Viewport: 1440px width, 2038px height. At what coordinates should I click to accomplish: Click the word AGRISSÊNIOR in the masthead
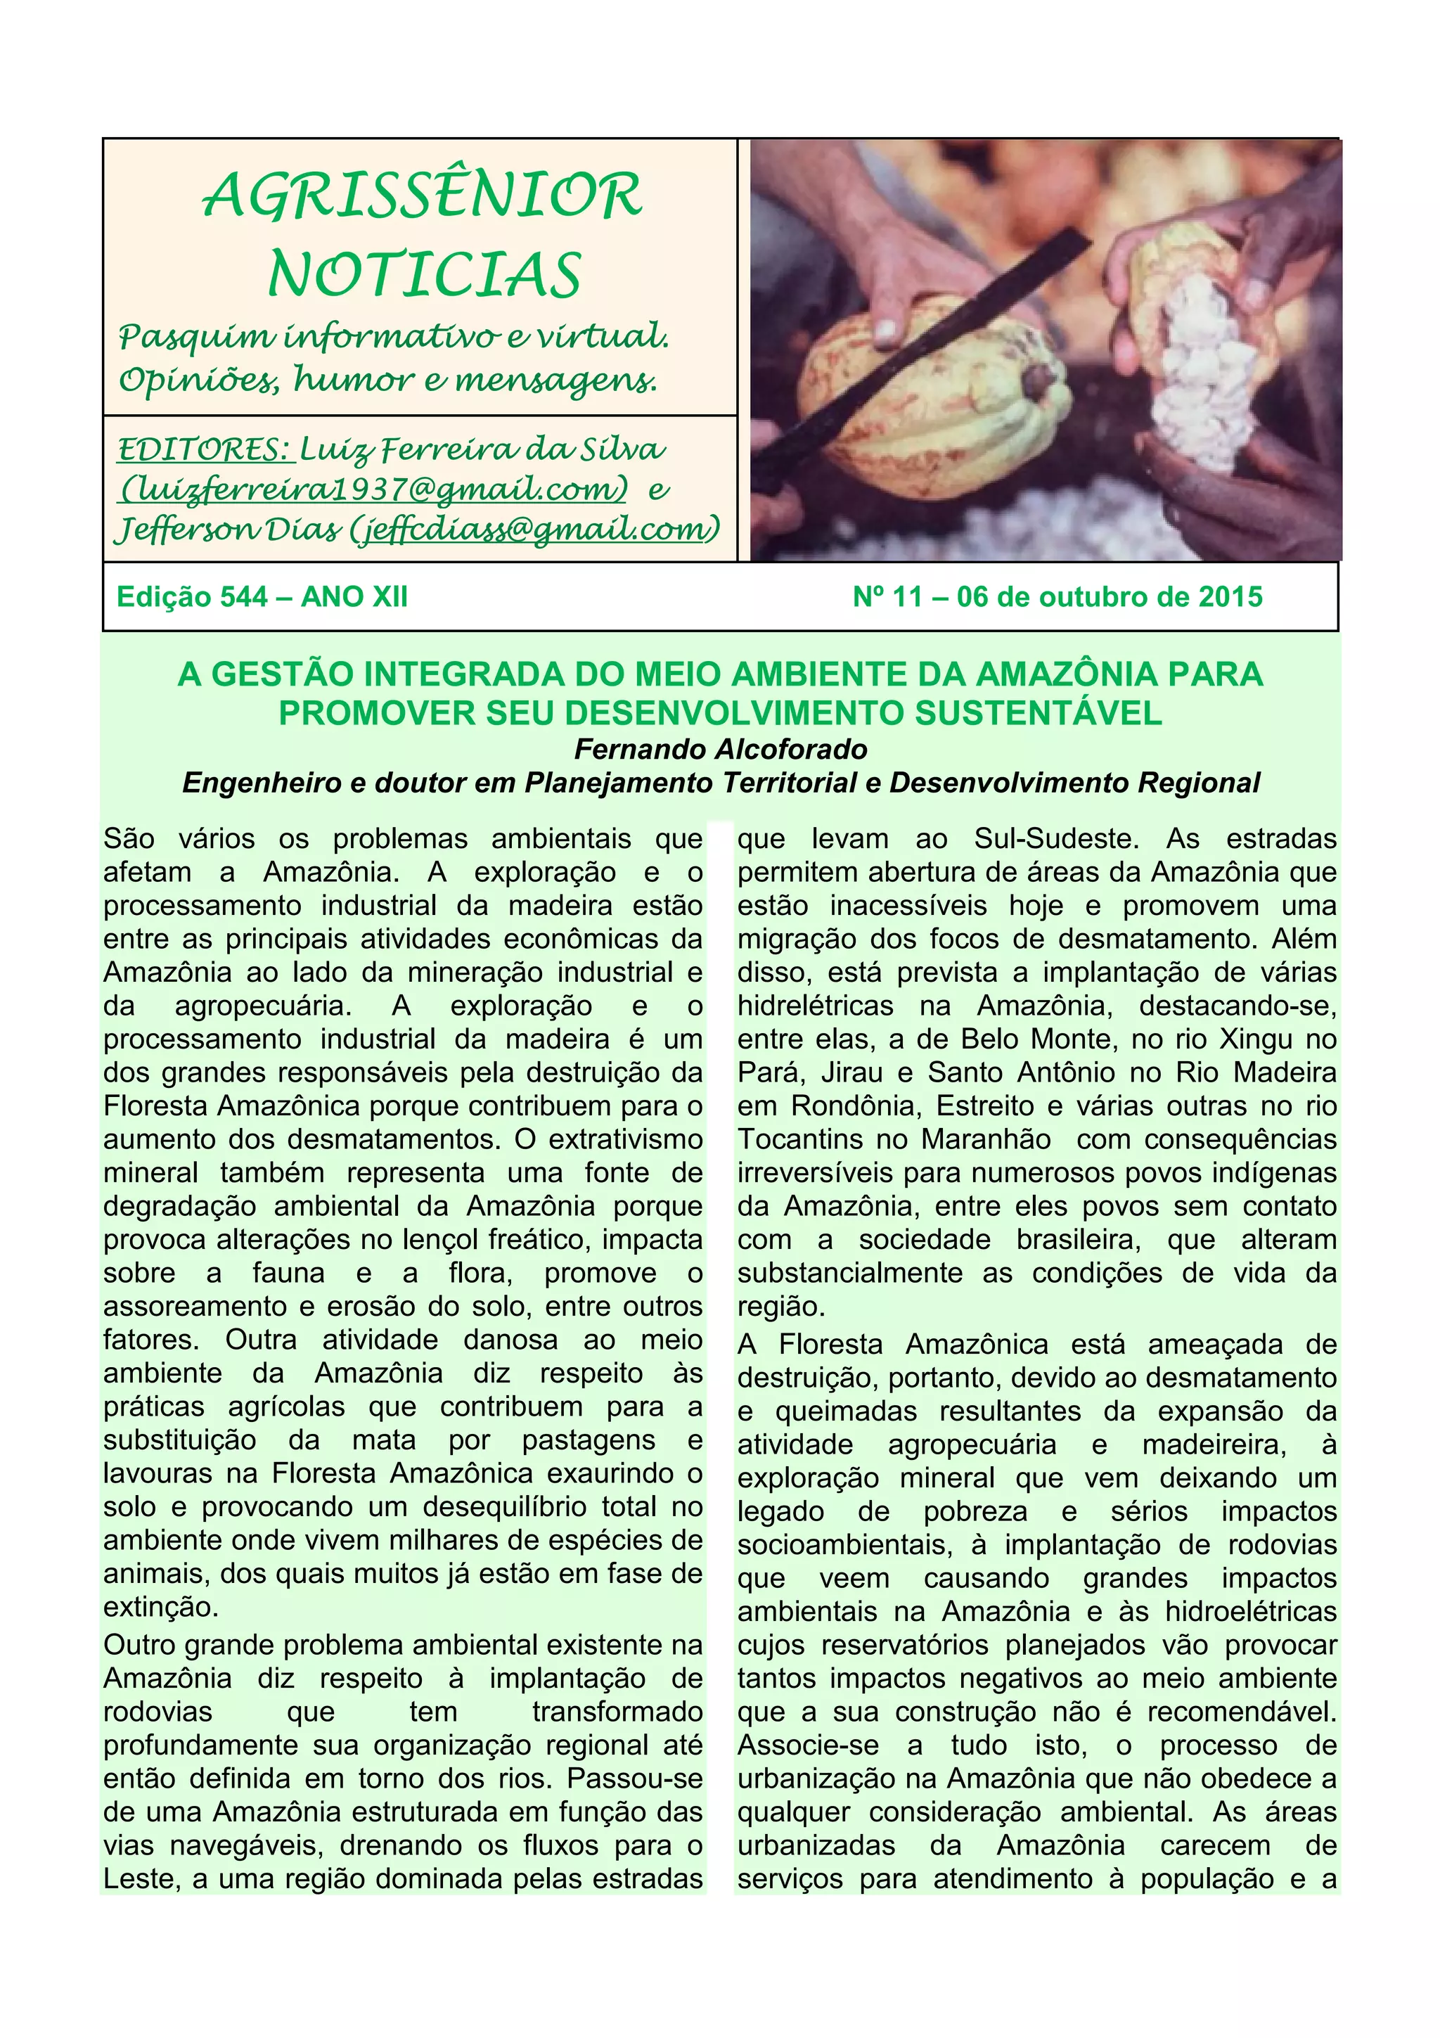point(423,196)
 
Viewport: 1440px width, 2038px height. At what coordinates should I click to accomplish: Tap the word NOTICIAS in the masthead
point(424,274)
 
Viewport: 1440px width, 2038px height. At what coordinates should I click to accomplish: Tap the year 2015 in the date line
point(1230,596)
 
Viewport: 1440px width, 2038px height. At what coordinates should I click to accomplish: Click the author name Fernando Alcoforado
point(721,749)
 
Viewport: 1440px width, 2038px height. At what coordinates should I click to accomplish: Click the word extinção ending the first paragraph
point(160,1608)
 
